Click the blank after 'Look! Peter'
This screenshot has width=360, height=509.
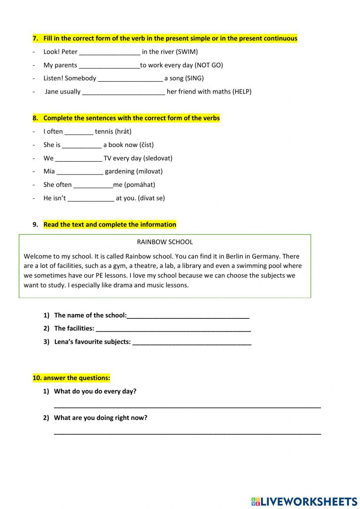(x=109, y=53)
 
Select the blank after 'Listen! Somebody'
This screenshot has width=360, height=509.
(x=130, y=79)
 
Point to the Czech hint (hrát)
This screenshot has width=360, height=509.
(x=123, y=131)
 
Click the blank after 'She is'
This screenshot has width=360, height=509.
(x=82, y=146)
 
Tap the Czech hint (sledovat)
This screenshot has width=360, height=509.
(x=158, y=158)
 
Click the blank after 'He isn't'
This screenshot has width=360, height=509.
(x=91, y=198)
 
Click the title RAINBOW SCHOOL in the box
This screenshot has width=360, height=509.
(x=165, y=242)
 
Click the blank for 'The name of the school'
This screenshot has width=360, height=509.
(x=188, y=316)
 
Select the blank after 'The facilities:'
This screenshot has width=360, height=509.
(x=173, y=329)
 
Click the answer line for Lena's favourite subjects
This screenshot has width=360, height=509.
(x=192, y=343)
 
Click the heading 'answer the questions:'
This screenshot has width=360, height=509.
(x=71, y=378)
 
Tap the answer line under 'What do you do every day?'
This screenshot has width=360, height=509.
(x=187, y=406)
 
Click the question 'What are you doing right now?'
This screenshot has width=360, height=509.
(x=100, y=418)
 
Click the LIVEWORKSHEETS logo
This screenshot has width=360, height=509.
(x=304, y=501)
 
